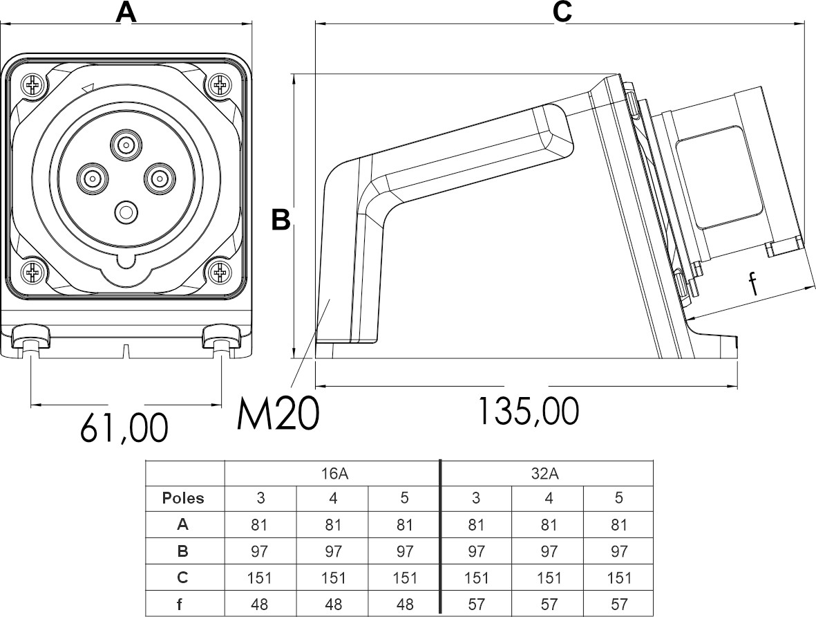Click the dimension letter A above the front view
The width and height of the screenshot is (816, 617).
124,12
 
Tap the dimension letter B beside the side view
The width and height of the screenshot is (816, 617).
280,219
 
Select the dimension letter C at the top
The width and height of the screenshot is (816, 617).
562,12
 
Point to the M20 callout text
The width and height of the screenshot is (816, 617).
278,414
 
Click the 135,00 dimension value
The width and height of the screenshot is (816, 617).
528,412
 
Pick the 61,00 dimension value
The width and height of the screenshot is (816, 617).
124,427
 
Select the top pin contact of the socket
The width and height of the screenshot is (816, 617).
126,145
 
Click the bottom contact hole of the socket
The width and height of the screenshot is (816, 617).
126,212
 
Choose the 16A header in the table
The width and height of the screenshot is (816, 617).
333,474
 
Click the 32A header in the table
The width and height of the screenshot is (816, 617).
547,474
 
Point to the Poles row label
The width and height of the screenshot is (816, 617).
183,498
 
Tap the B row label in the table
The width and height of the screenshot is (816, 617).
182,551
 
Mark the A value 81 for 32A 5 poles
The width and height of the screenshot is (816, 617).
619,525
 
